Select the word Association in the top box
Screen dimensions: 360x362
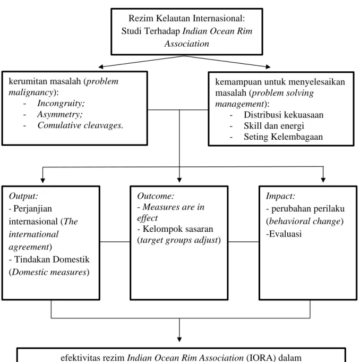pyautogui.click(x=186, y=44)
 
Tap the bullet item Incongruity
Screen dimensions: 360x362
pyautogui.click(x=61, y=104)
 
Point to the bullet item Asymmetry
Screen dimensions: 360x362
pyautogui.click(x=60, y=114)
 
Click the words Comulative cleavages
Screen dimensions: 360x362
pyautogui.click(x=80, y=125)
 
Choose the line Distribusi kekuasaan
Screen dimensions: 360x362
pyautogui.click(x=284, y=115)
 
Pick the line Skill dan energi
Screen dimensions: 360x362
pyautogui.click(x=274, y=126)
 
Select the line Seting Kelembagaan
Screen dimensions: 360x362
pyautogui.click(x=284, y=137)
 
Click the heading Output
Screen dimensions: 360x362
pyautogui.click(x=23, y=196)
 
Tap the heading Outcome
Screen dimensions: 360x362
pyautogui.click(x=156, y=196)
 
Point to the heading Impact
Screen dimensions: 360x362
pyautogui.click(x=280, y=196)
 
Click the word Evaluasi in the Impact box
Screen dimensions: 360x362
pyautogui.click(x=285, y=234)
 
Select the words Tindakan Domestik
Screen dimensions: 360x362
pyautogui.click(x=52, y=259)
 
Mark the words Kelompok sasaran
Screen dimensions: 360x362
pyautogui.click(x=178, y=229)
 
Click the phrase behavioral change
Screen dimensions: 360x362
pyautogui.click(x=305, y=221)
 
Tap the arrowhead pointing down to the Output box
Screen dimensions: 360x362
pyautogui.click(x=42, y=180)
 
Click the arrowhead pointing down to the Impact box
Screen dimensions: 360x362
pyautogui.click(x=323, y=180)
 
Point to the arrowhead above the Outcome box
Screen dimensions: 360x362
pyautogui.click(x=179, y=180)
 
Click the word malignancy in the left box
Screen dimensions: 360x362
pyautogui.click(x=31, y=92)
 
